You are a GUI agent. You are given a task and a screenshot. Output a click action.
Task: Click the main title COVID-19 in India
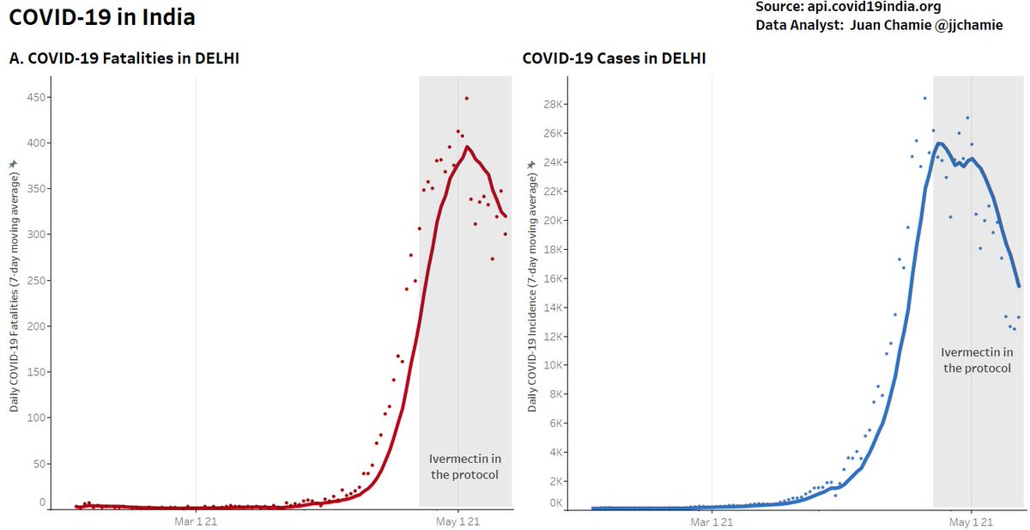(x=101, y=17)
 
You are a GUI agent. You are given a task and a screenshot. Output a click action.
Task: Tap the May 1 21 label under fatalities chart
(x=457, y=521)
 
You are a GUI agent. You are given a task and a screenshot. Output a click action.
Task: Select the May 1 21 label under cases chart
(x=972, y=521)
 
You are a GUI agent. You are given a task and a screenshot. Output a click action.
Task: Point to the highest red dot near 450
(x=466, y=99)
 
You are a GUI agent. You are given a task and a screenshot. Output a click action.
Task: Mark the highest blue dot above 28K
(x=924, y=98)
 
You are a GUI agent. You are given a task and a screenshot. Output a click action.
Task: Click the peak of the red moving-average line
(x=467, y=147)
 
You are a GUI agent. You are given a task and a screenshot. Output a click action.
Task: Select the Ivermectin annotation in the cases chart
(x=977, y=360)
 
